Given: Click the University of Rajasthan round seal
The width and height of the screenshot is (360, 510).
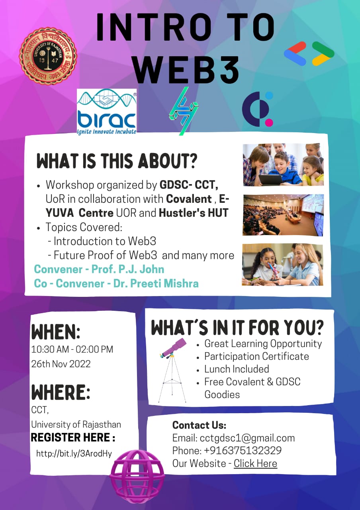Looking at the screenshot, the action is pyautogui.click(x=48, y=56).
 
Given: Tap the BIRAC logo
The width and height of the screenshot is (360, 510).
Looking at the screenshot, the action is pyautogui.click(x=107, y=112).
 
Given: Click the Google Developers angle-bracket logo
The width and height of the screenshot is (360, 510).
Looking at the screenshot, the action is pyautogui.click(x=309, y=54).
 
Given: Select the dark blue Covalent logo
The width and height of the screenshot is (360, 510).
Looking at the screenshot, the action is pyautogui.click(x=257, y=109).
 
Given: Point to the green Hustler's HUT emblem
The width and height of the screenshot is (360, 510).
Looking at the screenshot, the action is pyautogui.click(x=184, y=111).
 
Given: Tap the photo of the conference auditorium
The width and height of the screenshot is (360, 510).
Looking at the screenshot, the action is pyautogui.click(x=283, y=215).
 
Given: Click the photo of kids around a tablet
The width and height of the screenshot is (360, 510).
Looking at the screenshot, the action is pyautogui.click(x=283, y=165).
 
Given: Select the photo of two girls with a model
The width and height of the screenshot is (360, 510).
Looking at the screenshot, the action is pyautogui.click(x=282, y=265).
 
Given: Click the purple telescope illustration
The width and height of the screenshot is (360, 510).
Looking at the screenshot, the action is pyautogui.click(x=172, y=370).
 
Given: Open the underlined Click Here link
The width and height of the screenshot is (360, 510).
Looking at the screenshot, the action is pyautogui.click(x=255, y=463).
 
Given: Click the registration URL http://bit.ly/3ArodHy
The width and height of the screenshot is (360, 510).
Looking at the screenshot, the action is pyautogui.click(x=74, y=454).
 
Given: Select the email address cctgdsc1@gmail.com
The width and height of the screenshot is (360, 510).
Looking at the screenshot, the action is pyautogui.click(x=247, y=438).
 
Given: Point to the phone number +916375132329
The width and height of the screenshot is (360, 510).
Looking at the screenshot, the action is pyautogui.click(x=243, y=450).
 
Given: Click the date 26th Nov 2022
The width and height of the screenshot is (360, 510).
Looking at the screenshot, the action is pyautogui.click(x=61, y=364).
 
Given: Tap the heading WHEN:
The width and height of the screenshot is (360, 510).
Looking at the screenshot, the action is pyautogui.click(x=56, y=332).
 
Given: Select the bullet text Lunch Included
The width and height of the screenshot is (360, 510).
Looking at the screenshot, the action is pyautogui.click(x=237, y=369).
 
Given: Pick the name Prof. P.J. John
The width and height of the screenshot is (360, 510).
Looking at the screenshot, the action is pyautogui.click(x=128, y=269).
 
